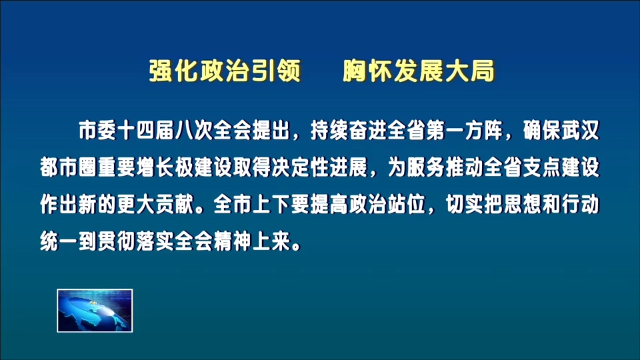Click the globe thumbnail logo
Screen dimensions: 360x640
point(95,310)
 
